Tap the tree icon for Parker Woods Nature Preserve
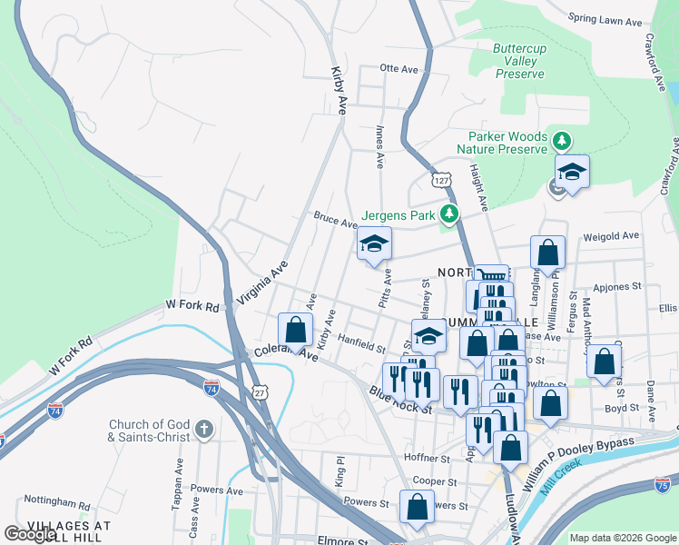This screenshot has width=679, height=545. pos(563,141)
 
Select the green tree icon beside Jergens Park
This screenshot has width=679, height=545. pos(448,214)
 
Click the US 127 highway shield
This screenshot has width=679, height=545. pos(441,180)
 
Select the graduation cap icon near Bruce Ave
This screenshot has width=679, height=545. pos(373,243)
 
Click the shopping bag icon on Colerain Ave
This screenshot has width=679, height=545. pos(295,331)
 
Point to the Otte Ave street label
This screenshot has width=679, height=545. pos(398,68)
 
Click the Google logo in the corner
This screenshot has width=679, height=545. pos(30,534)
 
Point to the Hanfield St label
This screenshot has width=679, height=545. pos(362,343)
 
